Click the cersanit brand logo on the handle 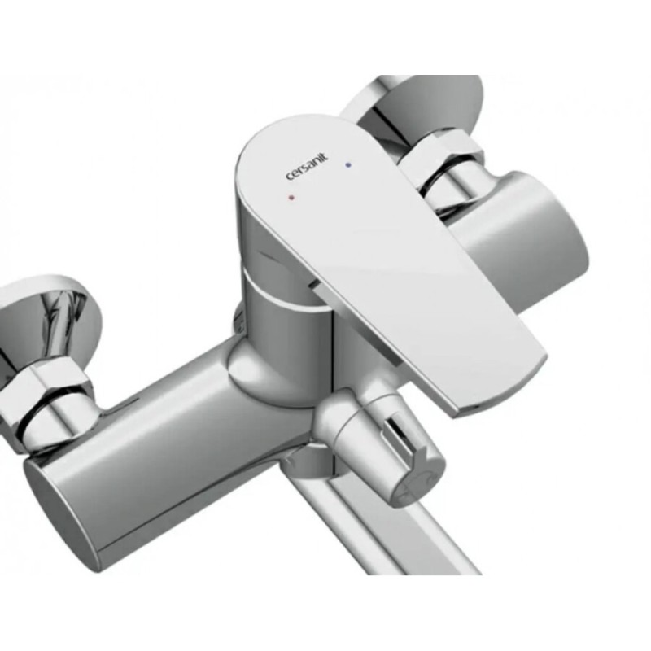click(307, 167)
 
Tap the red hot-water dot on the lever click(292, 198)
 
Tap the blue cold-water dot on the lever click(348, 165)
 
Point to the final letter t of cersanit click(325, 156)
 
